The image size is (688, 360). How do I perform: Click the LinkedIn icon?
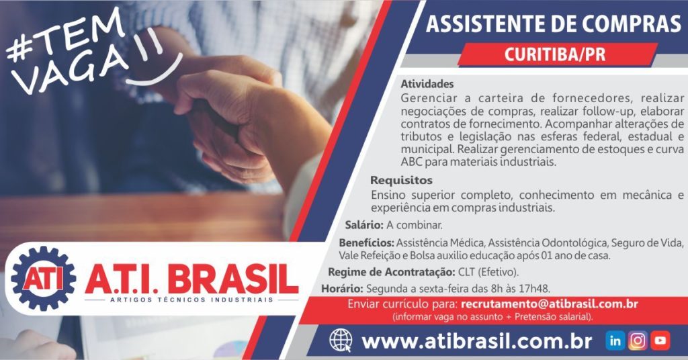[x=615, y=341]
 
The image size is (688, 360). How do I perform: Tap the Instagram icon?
[x=638, y=341]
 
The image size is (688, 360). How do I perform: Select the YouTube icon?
[x=660, y=341]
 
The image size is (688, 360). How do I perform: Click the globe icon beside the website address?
[x=341, y=341]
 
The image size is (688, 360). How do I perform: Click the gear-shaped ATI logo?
[x=44, y=279]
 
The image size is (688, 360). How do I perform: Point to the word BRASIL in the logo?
[x=233, y=279]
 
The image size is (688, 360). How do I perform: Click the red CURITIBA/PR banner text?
[x=554, y=55]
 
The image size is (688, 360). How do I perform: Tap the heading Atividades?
[x=427, y=84]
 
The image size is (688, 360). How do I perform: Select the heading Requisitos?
[x=401, y=180]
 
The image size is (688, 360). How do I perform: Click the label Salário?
[x=364, y=225]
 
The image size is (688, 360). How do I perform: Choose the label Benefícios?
[x=366, y=242]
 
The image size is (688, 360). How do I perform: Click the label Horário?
[x=342, y=289]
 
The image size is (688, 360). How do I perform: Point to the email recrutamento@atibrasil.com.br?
[x=550, y=304]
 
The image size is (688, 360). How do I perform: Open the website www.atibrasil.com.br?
[x=477, y=341]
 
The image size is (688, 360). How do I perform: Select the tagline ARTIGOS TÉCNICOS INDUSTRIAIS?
[x=191, y=300]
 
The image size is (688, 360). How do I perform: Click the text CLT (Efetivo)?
[x=488, y=272]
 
